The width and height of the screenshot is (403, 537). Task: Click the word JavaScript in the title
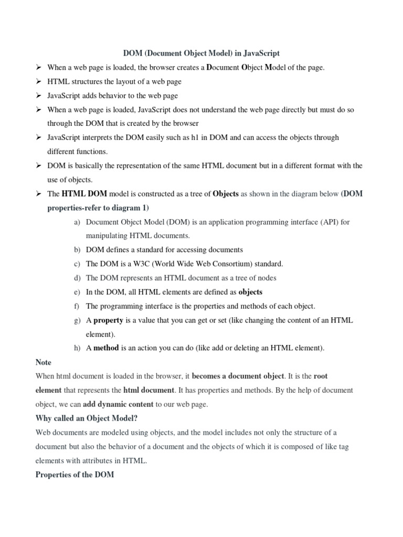(261, 53)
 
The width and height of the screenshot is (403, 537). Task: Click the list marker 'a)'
(77, 222)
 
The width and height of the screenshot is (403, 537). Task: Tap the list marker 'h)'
(77, 348)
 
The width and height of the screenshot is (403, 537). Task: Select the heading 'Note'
(43, 362)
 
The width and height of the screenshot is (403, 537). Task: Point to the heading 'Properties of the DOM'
(75, 475)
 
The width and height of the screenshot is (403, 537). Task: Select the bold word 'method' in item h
(107, 348)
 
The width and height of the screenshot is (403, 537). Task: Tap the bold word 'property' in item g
(108, 320)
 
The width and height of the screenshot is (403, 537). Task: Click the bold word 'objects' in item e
(250, 292)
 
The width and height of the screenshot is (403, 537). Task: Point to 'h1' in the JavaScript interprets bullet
(196, 137)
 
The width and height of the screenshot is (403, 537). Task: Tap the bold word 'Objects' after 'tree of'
(225, 194)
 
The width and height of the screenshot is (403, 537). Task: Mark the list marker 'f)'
(77, 306)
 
